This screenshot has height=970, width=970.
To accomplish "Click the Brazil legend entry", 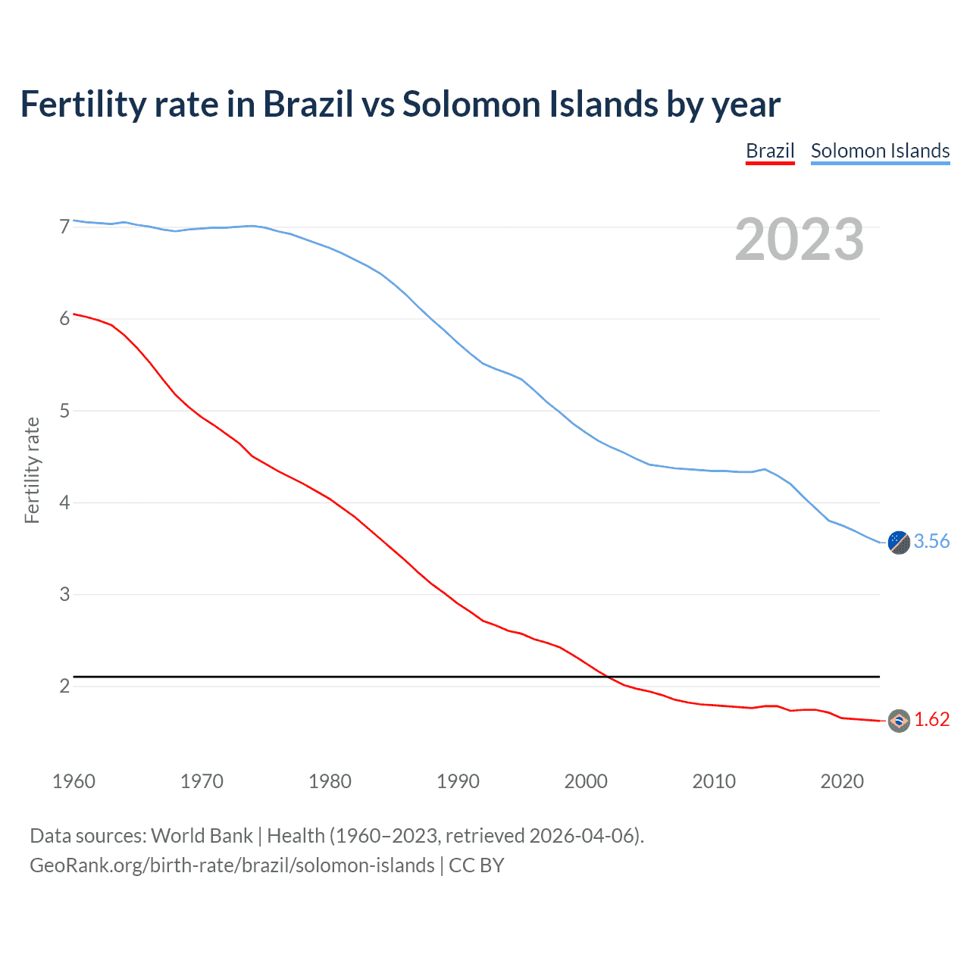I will [770, 151].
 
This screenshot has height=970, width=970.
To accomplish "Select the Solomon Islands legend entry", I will [880, 151].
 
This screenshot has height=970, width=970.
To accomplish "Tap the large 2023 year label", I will [799, 239].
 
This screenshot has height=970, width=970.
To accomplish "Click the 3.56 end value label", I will [931, 541].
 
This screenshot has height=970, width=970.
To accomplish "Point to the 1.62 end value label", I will [931, 719].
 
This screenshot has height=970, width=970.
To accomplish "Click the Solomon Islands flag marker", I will [899, 543].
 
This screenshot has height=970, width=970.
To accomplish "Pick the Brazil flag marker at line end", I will [899, 721].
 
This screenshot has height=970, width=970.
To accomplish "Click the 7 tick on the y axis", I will [64, 227].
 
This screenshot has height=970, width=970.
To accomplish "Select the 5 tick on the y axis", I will [64, 411].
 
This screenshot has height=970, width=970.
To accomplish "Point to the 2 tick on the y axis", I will [64, 686].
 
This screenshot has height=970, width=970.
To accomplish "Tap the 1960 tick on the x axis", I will [74, 781].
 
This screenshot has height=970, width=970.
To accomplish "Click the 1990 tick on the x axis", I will [458, 781].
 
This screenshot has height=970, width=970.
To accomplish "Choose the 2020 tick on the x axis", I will [842, 781].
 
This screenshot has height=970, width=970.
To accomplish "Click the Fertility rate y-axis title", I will [32, 470].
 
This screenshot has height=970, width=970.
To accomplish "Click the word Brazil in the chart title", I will [308, 105].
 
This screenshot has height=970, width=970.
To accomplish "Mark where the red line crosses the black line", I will [609, 676].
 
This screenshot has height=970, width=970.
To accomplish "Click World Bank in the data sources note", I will [202, 836].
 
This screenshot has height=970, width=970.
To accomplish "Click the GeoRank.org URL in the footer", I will [232, 865].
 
